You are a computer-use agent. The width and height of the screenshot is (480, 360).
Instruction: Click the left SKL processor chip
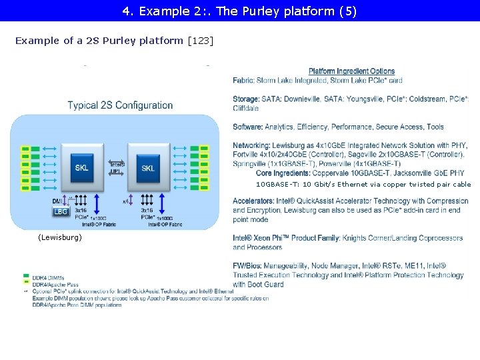point(81,167)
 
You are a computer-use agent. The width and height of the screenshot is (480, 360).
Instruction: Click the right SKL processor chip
point(147,167)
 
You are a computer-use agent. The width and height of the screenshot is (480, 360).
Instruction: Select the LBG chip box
point(61,211)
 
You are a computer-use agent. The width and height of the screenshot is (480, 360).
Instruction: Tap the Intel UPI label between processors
point(117,167)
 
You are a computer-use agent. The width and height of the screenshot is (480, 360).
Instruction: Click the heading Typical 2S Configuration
point(120,105)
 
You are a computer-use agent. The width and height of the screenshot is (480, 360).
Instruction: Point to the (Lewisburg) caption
point(60,237)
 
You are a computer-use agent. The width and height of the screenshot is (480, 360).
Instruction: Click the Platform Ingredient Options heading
point(351,71)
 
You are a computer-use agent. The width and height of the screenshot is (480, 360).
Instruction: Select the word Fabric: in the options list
point(243,81)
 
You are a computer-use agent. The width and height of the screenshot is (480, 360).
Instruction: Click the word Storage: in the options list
point(247,99)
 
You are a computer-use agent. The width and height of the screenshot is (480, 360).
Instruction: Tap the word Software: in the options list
point(248,127)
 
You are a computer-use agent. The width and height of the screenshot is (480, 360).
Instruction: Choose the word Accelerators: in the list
point(254,201)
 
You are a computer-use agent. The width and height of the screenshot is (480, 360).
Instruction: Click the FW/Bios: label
point(249,266)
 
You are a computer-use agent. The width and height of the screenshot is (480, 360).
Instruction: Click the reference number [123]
point(201,41)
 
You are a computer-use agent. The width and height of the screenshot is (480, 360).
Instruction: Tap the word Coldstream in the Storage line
point(427,99)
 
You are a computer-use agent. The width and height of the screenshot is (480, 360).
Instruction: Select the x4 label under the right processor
point(125,201)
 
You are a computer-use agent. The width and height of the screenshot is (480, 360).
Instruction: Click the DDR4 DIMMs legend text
point(48,277)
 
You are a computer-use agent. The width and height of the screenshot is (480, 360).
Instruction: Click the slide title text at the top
point(239,11)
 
